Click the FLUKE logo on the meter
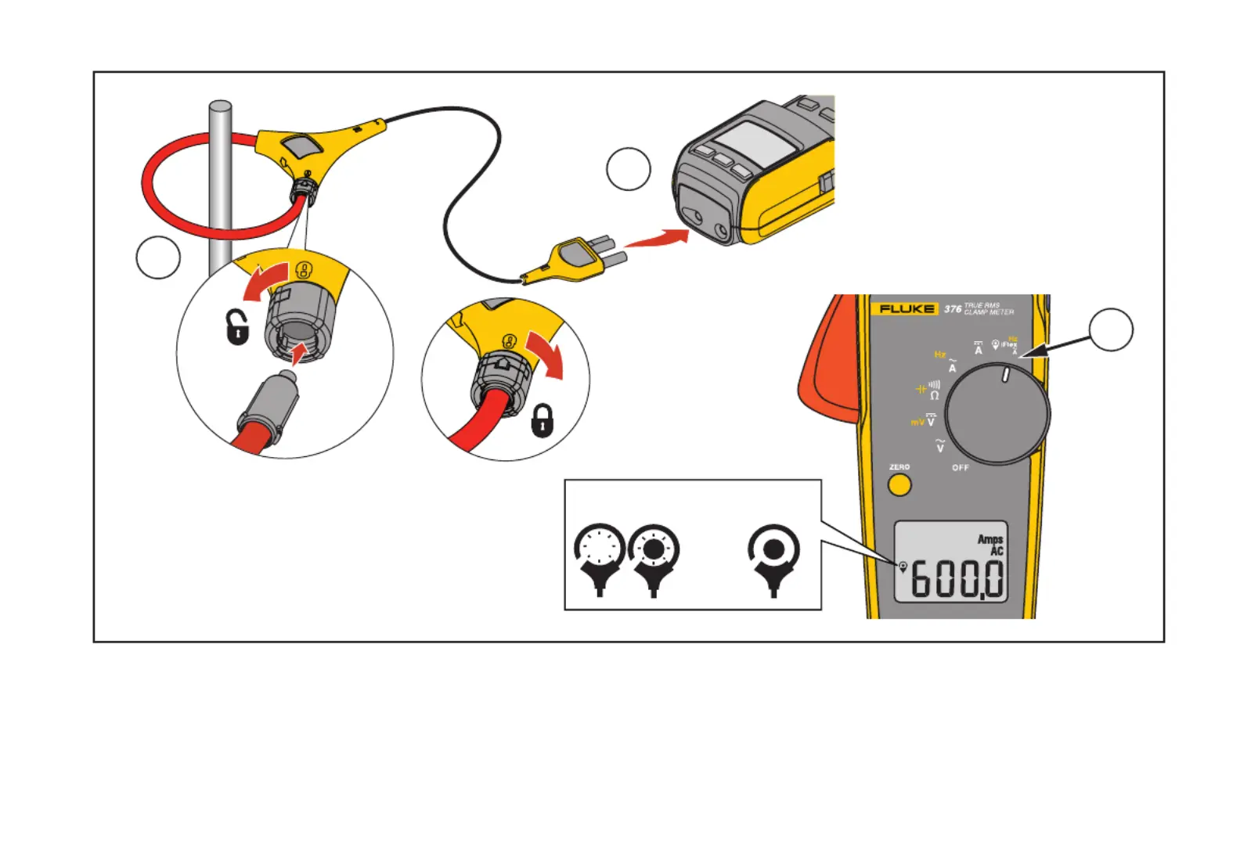pos(907,309)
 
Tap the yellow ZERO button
pos(899,484)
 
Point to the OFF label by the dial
pos(960,468)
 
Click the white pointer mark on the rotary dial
pos(1006,374)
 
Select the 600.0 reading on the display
pos(957,579)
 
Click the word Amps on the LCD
pos(989,539)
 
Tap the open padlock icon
pos(237,327)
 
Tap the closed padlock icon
pos(542,420)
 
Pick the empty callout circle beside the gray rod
pos(158,257)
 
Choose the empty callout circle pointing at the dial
pos(1111,329)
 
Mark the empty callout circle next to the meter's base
pos(629,169)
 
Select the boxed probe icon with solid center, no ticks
pos(773,553)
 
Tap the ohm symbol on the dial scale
pos(934,396)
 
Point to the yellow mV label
pos(917,423)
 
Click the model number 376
pos(952,309)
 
